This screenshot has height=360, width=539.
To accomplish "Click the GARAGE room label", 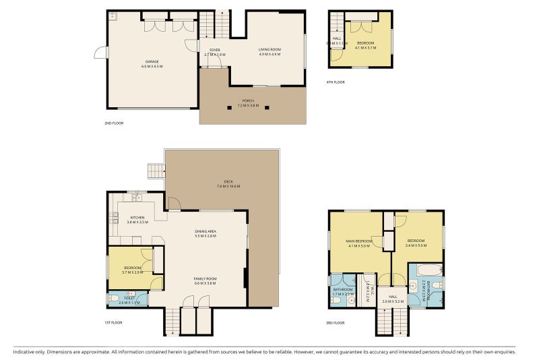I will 152,61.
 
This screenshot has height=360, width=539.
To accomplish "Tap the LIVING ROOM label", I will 269,49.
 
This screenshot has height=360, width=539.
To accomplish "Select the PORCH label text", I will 249,101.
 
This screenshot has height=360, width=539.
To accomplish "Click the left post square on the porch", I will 232,107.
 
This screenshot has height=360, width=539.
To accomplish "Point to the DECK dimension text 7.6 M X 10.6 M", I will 228,186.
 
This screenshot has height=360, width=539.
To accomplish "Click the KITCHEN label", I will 137,218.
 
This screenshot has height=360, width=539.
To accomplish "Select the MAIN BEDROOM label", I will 359,241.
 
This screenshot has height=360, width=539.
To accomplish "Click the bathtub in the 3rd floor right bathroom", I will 426,272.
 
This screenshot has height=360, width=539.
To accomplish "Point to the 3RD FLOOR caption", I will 335,323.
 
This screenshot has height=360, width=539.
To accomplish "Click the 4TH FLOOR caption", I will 335,82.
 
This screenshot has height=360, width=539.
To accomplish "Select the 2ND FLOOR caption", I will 114,123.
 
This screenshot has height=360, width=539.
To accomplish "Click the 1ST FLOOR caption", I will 113,323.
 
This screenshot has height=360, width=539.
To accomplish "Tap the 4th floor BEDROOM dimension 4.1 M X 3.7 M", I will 366,48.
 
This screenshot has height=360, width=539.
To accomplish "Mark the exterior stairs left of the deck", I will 156,171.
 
